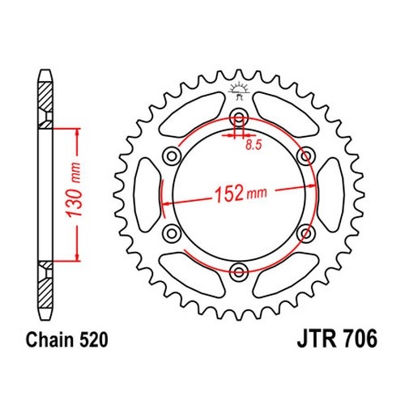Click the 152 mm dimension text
point(241,193)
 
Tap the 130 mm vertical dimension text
point(75,190)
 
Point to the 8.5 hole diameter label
point(254,145)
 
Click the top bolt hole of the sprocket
point(239,117)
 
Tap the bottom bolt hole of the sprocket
point(239,272)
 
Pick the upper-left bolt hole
point(172,156)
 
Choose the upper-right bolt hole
point(306,156)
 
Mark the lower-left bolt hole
point(172,233)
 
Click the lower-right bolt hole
point(306,233)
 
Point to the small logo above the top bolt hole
point(239,92)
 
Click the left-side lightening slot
point(147,194)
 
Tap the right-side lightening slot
point(330,194)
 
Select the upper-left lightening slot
point(192,114)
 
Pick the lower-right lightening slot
point(286,275)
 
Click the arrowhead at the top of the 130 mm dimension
point(78,131)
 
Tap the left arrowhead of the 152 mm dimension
point(167,203)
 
